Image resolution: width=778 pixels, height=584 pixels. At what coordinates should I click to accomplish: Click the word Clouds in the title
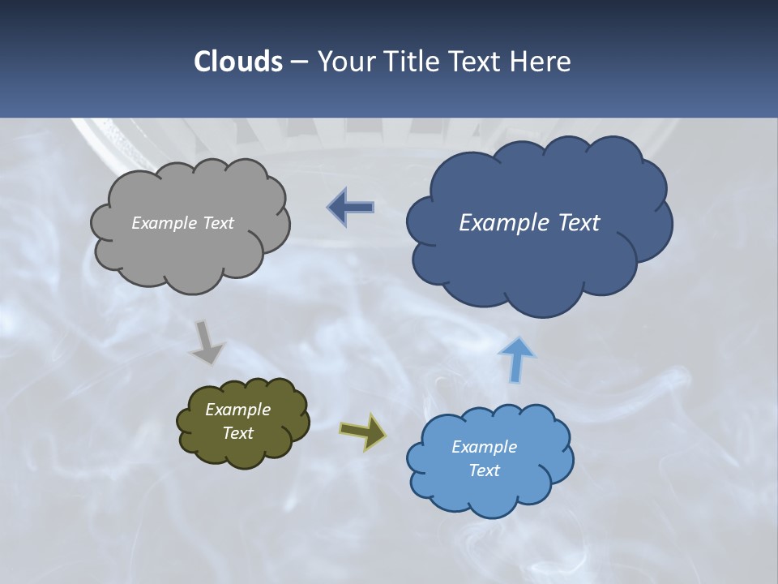pyautogui.click(x=237, y=62)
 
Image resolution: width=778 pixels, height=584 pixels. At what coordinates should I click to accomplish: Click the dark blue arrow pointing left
pyautogui.click(x=352, y=208)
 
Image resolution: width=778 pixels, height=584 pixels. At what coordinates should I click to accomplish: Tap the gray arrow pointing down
pyautogui.click(x=207, y=343)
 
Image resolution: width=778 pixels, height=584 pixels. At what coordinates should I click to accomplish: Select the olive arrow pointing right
pyautogui.click(x=363, y=432)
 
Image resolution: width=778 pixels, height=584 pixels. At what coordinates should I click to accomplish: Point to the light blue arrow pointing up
pyautogui.click(x=516, y=359)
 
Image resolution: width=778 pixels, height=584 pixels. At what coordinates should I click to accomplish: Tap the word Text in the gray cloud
pyautogui.click(x=217, y=223)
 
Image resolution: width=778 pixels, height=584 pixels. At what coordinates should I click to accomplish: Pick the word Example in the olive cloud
pyautogui.click(x=237, y=410)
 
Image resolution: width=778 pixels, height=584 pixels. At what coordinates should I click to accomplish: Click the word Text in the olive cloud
pyautogui.click(x=237, y=433)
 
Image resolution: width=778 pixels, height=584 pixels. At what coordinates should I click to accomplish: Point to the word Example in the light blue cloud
pyautogui.click(x=484, y=447)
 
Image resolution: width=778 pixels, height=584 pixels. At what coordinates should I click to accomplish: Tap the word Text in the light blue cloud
pyautogui.click(x=484, y=470)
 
